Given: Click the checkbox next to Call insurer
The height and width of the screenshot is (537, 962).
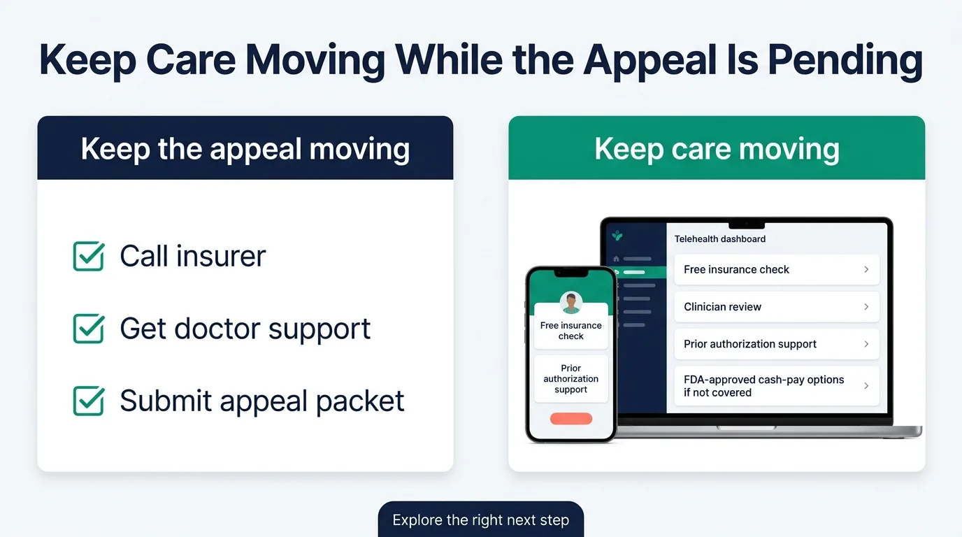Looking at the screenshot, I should [89, 256].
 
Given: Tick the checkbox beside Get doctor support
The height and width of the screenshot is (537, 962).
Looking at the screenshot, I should [89, 329].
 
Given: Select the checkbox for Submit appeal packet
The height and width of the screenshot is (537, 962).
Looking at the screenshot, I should [89, 401].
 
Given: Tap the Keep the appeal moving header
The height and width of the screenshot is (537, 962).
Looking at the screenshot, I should [245, 149].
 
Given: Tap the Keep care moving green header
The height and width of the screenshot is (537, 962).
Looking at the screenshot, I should [717, 149].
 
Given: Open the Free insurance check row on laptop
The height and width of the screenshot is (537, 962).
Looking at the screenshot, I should [776, 269].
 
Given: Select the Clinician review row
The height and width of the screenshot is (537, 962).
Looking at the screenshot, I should [776, 307].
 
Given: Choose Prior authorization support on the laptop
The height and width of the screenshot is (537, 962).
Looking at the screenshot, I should [776, 344].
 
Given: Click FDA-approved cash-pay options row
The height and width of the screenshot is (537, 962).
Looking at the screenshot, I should [776, 386].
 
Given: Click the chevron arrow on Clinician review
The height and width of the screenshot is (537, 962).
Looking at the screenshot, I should [866, 307].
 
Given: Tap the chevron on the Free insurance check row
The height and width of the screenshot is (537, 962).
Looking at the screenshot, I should [866, 269].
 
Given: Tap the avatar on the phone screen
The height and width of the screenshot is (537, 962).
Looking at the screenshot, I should [571, 303].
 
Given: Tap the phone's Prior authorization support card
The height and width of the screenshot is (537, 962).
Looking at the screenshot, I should [571, 379].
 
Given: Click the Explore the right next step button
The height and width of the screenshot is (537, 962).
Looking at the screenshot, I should [480, 520].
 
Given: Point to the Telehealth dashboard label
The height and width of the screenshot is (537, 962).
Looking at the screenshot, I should [719, 239].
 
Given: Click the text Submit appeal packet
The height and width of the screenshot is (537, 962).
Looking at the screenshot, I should [261, 401].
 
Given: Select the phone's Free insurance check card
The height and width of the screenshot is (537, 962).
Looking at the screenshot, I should [571, 331].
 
